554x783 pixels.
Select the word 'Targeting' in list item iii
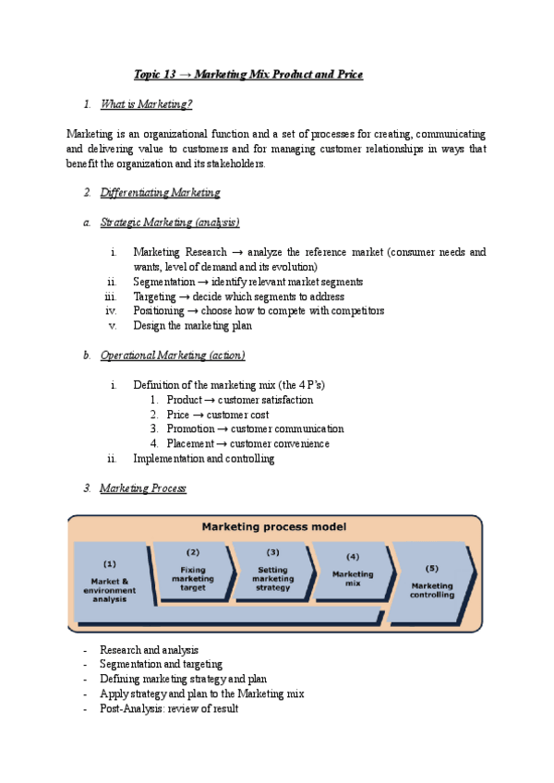click(x=155, y=296)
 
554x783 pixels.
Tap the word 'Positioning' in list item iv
click(x=159, y=311)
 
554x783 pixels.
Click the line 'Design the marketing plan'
click(x=193, y=326)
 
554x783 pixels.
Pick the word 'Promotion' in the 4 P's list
click(x=189, y=429)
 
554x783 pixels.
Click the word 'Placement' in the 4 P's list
click(x=189, y=444)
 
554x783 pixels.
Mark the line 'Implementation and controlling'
click(x=203, y=459)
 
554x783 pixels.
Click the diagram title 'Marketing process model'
click(x=274, y=527)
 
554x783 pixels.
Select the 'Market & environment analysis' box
click(x=110, y=581)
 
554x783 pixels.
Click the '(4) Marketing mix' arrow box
click(x=353, y=571)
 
